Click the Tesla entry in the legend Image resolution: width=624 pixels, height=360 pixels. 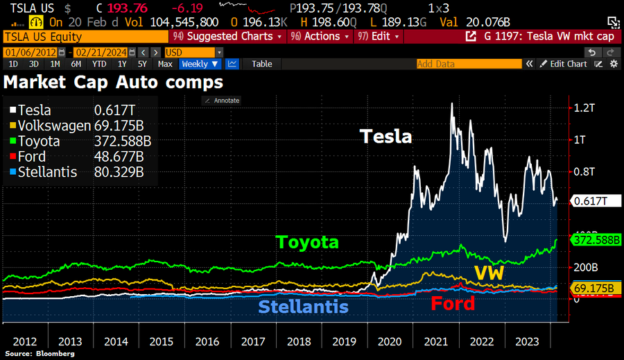click(x=35, y=110)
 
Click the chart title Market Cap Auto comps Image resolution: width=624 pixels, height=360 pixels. click(x=113, y=82)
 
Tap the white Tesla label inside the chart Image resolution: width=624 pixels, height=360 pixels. click(x=385, y=137)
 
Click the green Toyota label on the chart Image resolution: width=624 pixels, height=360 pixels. click(x=307, y=242)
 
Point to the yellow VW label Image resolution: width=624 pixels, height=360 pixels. click(x=488, y=273)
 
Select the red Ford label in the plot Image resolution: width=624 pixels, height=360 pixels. click(x=453, y=303)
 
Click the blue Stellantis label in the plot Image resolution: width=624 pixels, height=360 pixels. click(x=303, y=307)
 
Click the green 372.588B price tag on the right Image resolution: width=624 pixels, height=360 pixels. click(x=597, y=240)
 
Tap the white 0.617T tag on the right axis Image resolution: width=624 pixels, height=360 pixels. click(x=591, y=201)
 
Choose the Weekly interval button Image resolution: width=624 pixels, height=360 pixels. click(x=200, y=64)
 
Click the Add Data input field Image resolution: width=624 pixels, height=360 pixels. click(x=468, y=64)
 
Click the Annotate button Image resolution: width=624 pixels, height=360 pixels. click(x=222, y=101)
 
